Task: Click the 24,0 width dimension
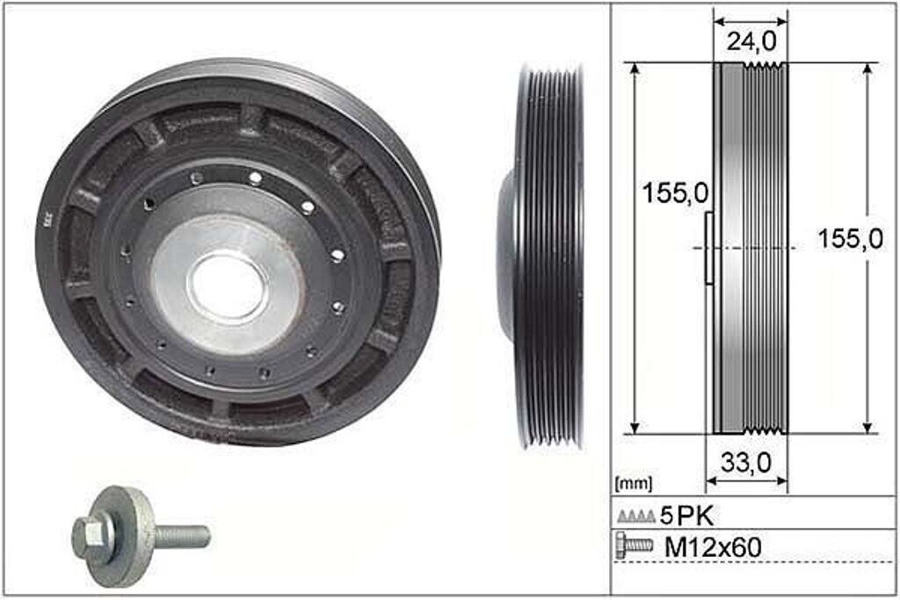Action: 751,40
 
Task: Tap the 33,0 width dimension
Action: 745,462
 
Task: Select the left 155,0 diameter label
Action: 676,193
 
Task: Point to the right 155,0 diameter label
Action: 850,239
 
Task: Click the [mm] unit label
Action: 634,483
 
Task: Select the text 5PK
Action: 686,517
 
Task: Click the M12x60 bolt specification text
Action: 713,547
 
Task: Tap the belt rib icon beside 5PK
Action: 636,517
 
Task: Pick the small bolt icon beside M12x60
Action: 634,546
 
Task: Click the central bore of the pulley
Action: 228,286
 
